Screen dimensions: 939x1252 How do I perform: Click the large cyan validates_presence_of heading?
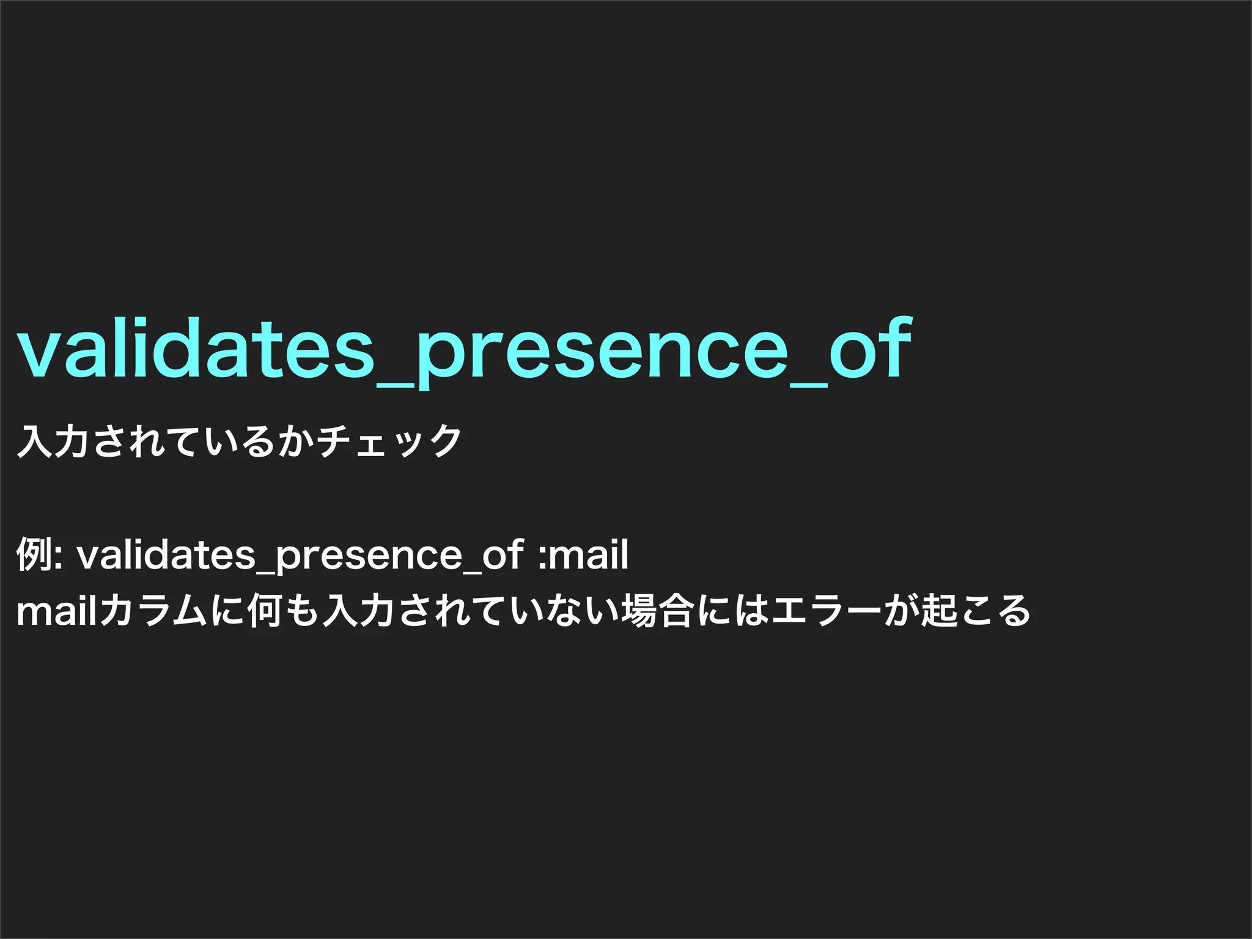[x=465, y=352]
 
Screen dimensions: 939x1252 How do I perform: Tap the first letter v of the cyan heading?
[x=40, y=356]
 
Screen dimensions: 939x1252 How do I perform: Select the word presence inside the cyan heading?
[x=602, y=358]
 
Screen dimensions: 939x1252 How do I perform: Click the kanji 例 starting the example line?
[x=34, y=554]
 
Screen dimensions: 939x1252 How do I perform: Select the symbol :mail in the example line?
[x=583, y=554]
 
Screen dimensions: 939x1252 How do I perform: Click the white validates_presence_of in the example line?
[x=300, y=554]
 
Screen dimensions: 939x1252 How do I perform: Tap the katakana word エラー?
[x=825, y=611]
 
